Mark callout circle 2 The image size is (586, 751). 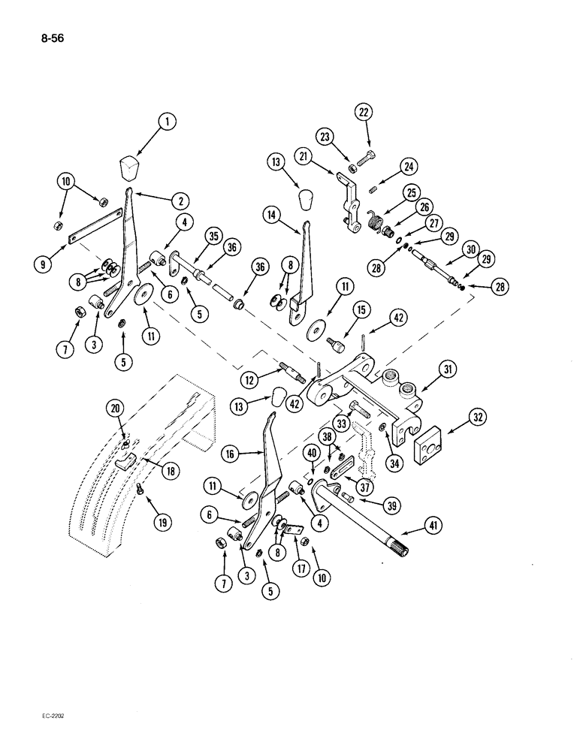[180, 201]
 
